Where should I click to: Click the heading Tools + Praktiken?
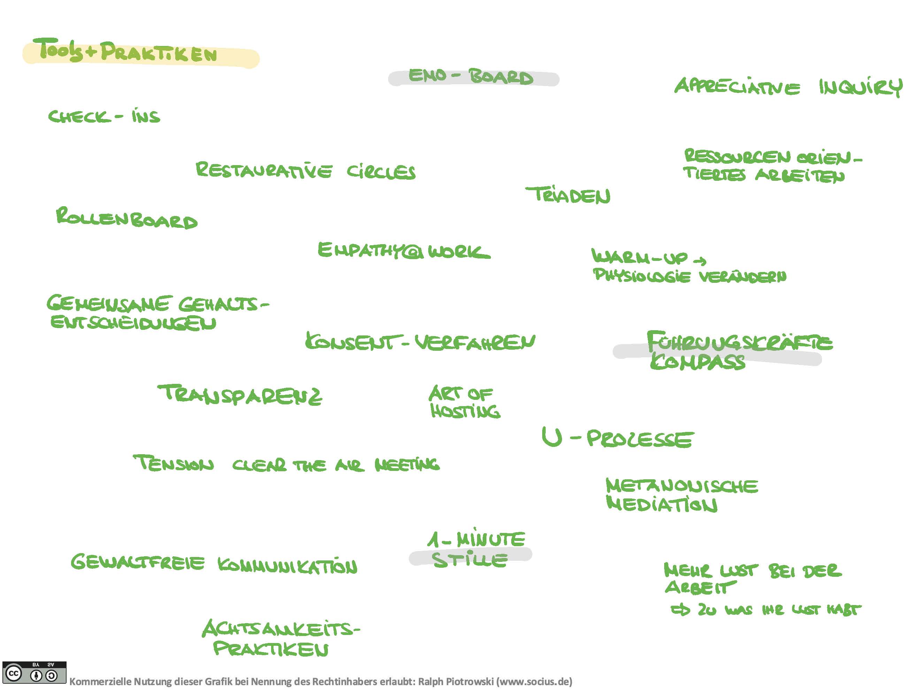pyautogui.click(x=128, y=51)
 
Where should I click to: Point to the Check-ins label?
pyautogui.click(x=104, y=116)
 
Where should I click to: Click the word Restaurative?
pyautogui.click(x=263, y=170)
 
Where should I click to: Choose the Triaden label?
pyautogui.click(x=568, y=195)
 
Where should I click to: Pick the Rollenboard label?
pyautogui.click(x=126, y=218)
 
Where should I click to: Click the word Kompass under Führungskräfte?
pyautogui.click(x=697, y=362)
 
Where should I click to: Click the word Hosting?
pyautogui.click(x=465, y=411)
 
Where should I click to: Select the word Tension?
pyautogui.click(x=174, y=464)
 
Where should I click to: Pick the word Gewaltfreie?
pyautogui.click(x=137, y=562)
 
